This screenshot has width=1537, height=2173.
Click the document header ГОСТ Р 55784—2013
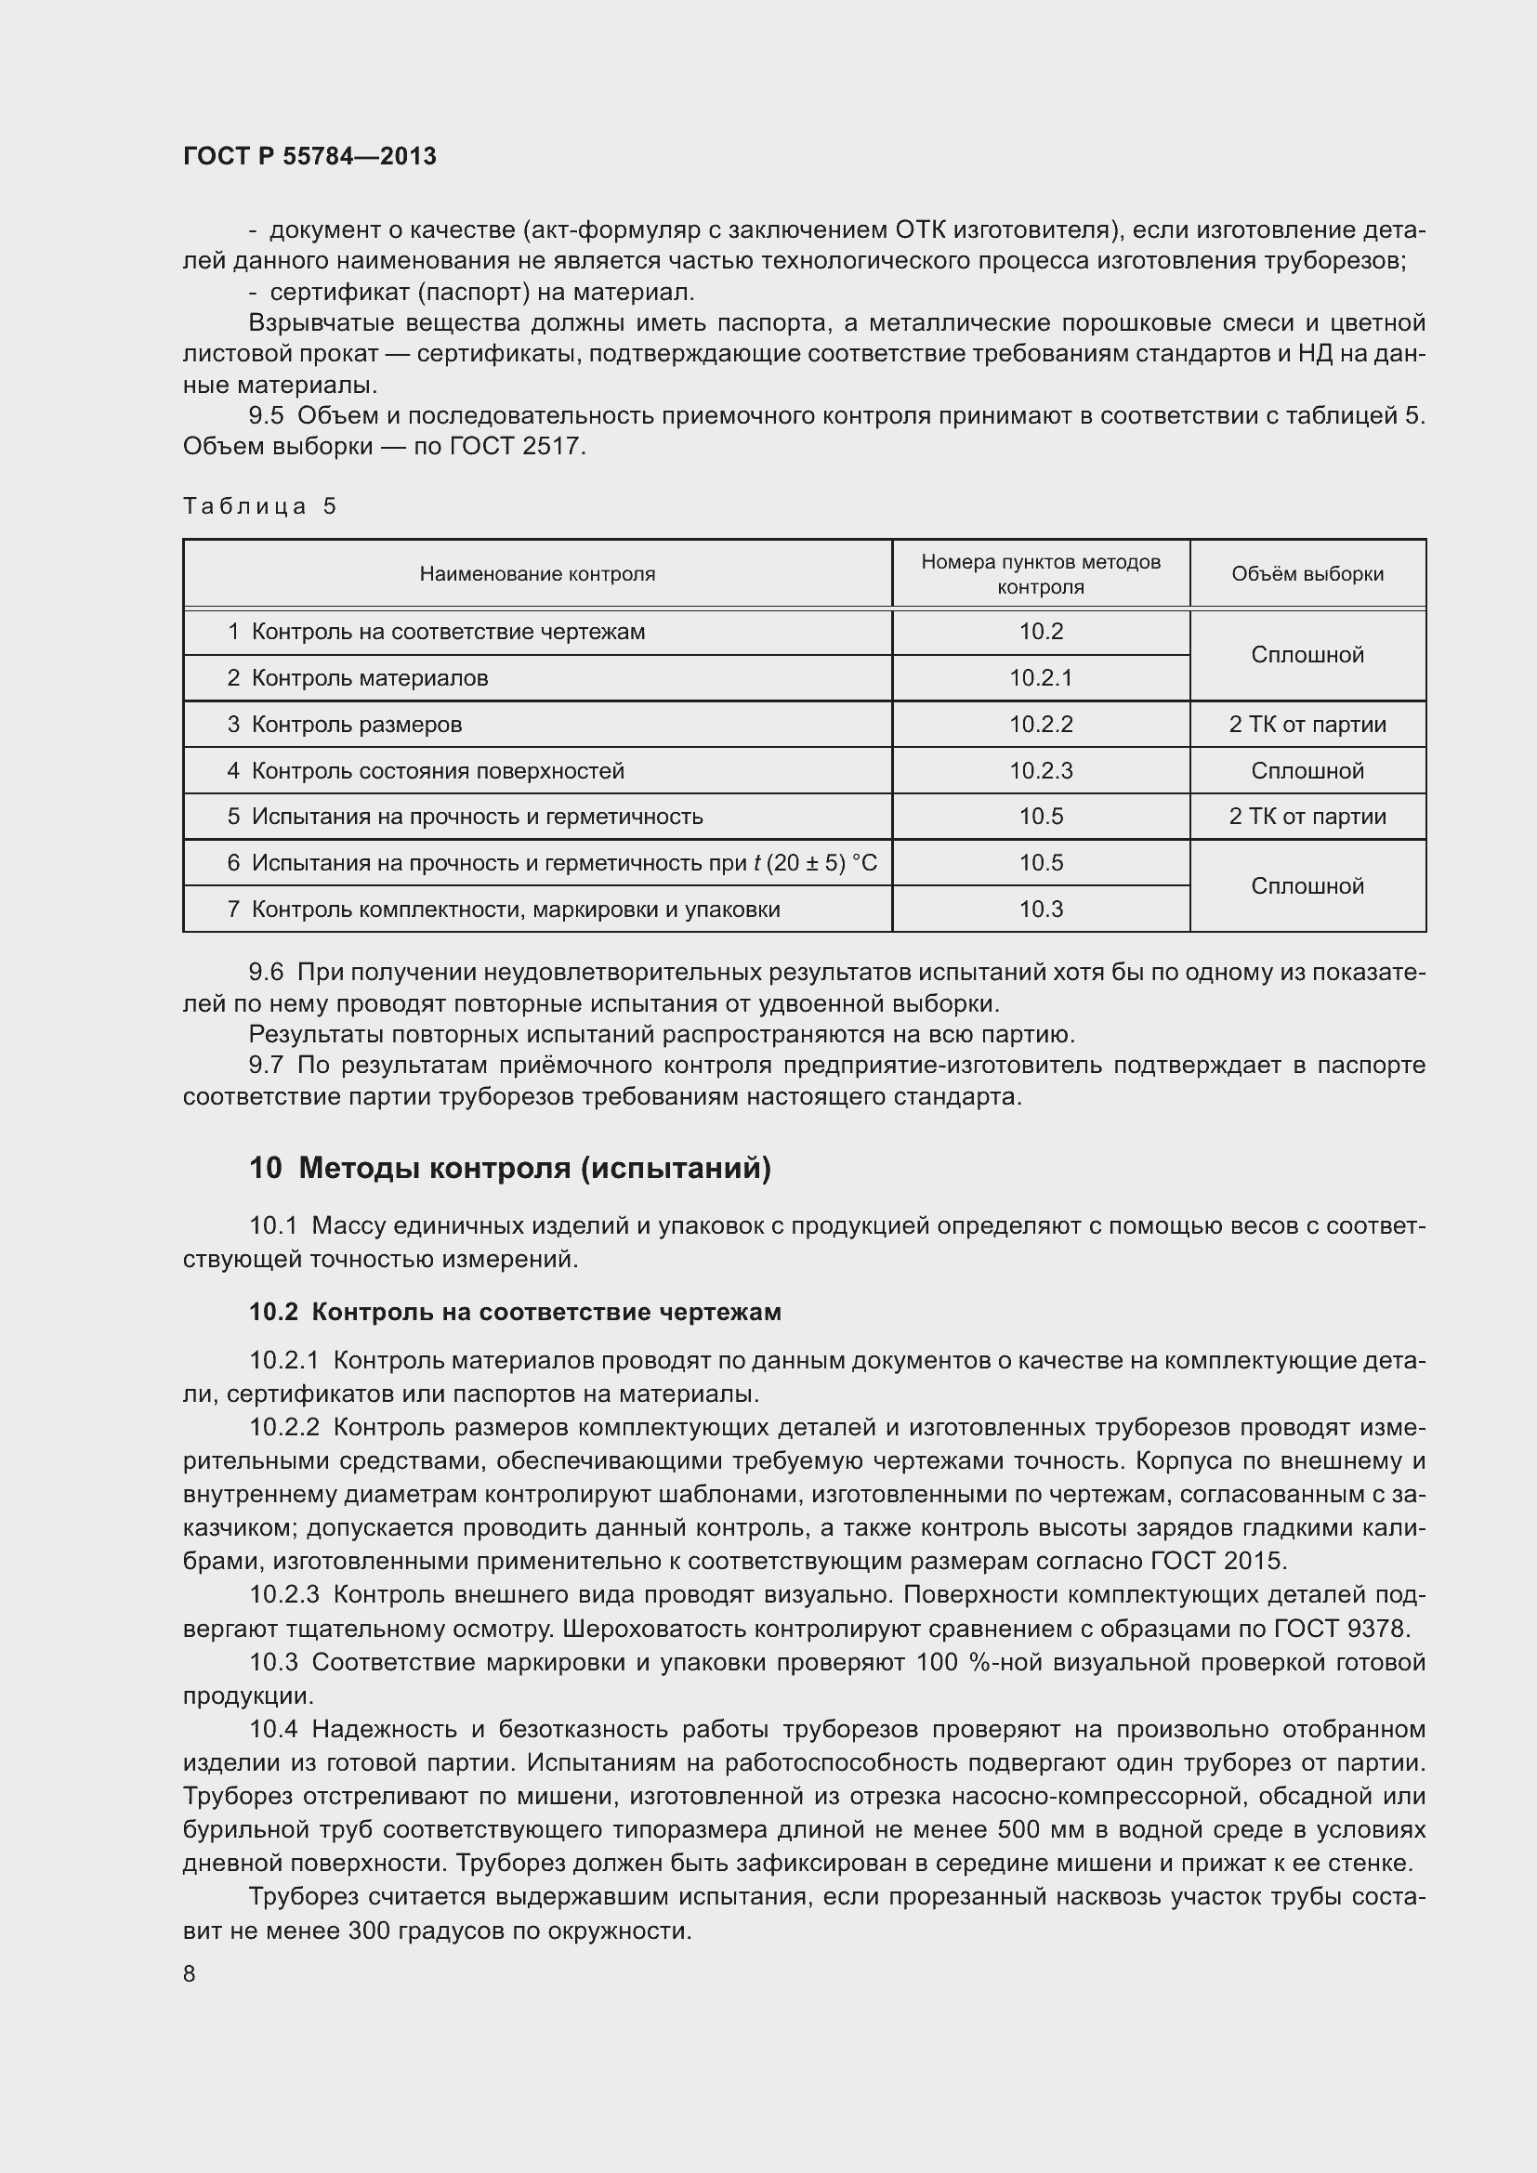[x=309, y=156]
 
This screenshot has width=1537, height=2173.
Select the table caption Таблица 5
[x=259, y=506]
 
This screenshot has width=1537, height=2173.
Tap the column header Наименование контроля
[x=536, y=573]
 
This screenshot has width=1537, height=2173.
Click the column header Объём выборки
[x=1307, y=573]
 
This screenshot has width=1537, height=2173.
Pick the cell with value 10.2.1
[x=1040, y=677]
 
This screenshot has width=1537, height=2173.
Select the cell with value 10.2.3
[x=1040, y=770]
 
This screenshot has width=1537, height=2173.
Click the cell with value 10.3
[x=1040, y=910]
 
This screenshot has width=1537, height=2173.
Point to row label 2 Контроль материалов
[x=358, y=677]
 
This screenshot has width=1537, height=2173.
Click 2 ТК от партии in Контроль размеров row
[x=1307, y=724]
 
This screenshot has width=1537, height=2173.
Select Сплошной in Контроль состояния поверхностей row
[x=1307, y=770]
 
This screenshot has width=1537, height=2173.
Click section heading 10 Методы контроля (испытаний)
[x=510, y=1168]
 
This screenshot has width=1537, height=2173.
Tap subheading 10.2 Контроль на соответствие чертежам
[x=515, y=1312]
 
